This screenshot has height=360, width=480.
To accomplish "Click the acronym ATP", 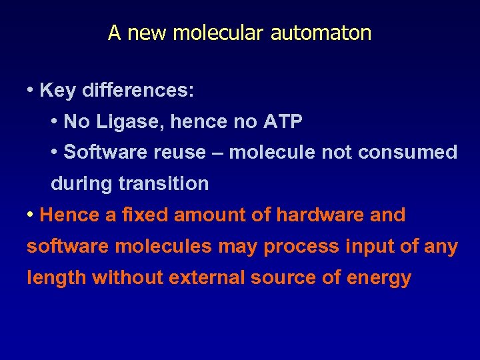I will click(283, 121).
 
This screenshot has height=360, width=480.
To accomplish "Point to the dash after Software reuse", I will click(217, 153).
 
